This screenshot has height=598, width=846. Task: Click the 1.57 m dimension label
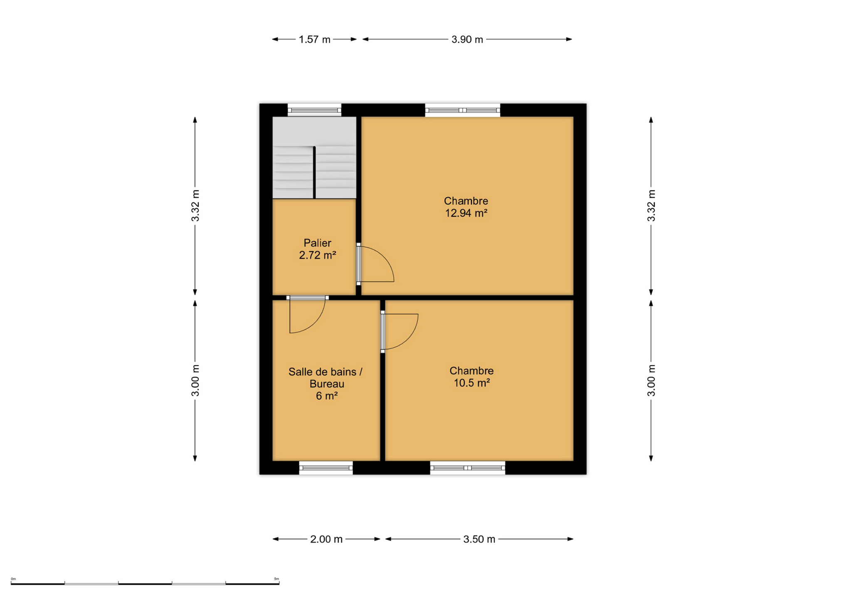pyautogui.click(x=314, y=39)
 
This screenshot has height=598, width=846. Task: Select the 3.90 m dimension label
pyautogui.click(x=467, y=39)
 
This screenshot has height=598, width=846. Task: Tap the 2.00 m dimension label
pyautogui.click(x=326, y=539)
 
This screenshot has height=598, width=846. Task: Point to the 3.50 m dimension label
pyautogui.click(x=479, y=539)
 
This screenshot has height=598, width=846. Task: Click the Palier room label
pyautogui.click(x=317, y=243)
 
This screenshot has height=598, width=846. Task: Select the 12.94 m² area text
pyautogui.click(x=466, y=213)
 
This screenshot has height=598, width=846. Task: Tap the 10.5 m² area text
pyautogui.click(x=471, y=382)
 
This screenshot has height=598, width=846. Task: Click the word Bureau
pyautogui.click(x=327, y=384)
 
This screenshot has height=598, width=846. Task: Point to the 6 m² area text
pyautogui.click(x=326, y=396)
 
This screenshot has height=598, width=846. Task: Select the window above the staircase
pyautogui.click(x=314, y=110)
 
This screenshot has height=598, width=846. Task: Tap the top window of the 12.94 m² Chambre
pyautogui.click(x=462, y=110)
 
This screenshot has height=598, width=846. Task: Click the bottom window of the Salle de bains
pyautogui.click(x=326, y=468)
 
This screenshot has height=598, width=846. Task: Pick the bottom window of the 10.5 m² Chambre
pyautogui.click(x=467, y=468)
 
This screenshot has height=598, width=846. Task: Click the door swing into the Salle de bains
pyautogui.click(x=316, y=324)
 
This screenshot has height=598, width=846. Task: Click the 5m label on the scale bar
pyautogui.click(x=276, y=578)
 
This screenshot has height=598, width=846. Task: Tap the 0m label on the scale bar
pyautogui.click(x=13, y=578)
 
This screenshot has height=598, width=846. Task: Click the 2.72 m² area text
pyautogui.click(x=317, y=255)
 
